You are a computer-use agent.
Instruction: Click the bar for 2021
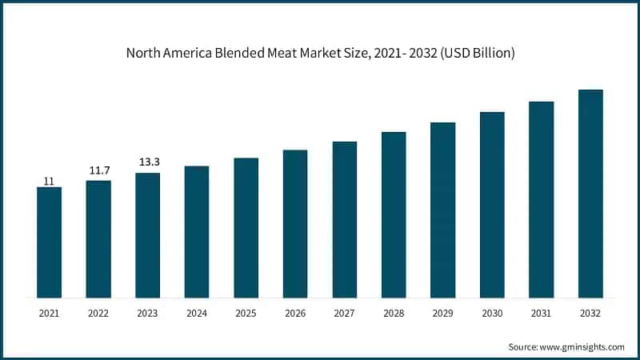coord(49,242)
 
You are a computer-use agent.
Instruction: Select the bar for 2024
coord(197,232)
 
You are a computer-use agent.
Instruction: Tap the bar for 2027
coord(345,220)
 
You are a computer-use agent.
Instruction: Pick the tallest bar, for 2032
coord(590,194)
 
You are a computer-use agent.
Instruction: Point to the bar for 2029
coord(443,210)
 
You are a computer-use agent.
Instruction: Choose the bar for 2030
coord(492,205)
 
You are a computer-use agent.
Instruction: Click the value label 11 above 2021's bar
coord(49,182)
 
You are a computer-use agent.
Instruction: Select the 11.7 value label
coord(98,171)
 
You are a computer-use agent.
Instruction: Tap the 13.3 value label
coord(147,163)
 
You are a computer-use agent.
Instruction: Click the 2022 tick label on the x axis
coord(98,314)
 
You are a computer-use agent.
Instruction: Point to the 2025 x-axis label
coord(246,314)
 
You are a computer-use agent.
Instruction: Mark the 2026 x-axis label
coord(295,314)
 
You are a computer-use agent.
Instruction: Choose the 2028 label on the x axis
coord(394,314)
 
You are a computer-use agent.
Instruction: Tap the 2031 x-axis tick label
coord(542,314)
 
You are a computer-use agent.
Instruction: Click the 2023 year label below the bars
coord(147,314)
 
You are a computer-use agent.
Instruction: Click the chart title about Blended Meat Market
coord(320,54)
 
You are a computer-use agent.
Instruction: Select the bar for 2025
coord(246,228)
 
